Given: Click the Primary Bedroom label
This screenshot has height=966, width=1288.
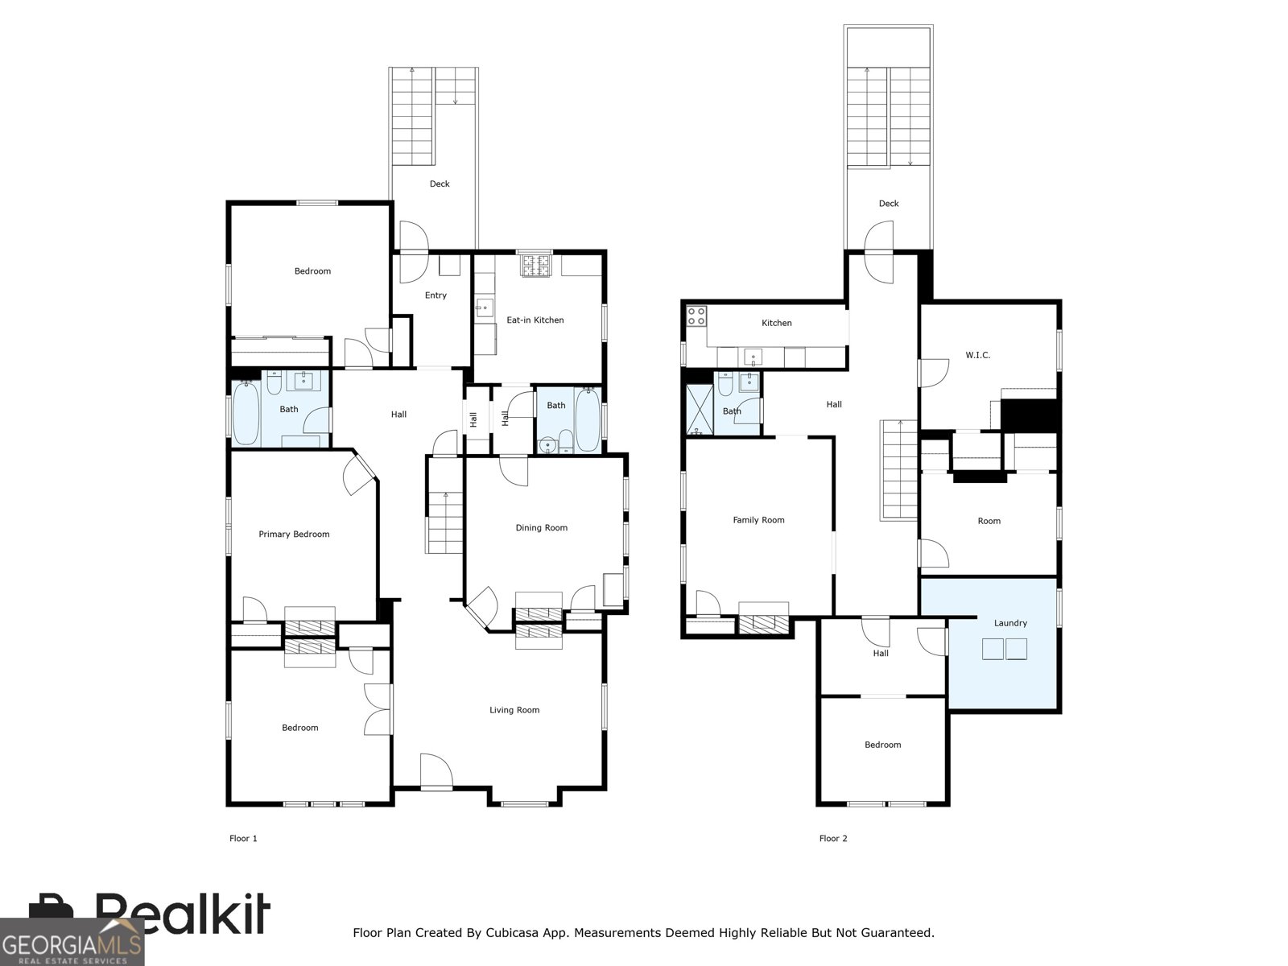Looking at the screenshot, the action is [x=294, y=535].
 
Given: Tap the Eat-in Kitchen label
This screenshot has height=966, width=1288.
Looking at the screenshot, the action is [x=535, y=320].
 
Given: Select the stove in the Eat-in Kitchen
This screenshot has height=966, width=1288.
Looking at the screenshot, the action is [x=535, y=265].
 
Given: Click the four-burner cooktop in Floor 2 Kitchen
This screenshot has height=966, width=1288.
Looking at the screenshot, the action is [x=696, y=316].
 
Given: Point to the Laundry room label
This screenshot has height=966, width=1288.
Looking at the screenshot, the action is [x=1010, y=623].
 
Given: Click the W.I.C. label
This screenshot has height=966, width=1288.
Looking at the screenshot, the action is [x=977, y=356].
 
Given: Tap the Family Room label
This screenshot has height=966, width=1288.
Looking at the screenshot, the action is [x=759, y=520].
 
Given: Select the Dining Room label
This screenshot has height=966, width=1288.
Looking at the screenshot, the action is [x=542, y=528].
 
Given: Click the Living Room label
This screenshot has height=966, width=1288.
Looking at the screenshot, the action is [x=514, y=710].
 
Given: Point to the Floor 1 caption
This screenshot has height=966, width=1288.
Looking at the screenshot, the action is [x=244, y=839].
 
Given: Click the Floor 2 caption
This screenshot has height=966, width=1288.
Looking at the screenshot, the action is [x=833, y=839].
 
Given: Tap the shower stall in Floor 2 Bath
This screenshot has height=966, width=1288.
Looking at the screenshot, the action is [x=700, y=410].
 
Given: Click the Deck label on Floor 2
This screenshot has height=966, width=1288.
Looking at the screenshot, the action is [x=889, y=204].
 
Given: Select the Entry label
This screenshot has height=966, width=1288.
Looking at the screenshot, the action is [x=436, y=295].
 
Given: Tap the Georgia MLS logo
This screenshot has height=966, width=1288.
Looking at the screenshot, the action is [x=72, y=941].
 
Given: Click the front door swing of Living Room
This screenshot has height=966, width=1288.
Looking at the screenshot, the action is [x=436, y=770].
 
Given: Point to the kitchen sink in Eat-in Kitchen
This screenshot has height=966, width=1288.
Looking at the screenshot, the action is [x=484, y=307].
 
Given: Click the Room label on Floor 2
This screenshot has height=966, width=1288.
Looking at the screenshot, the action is [x=989, y=522].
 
